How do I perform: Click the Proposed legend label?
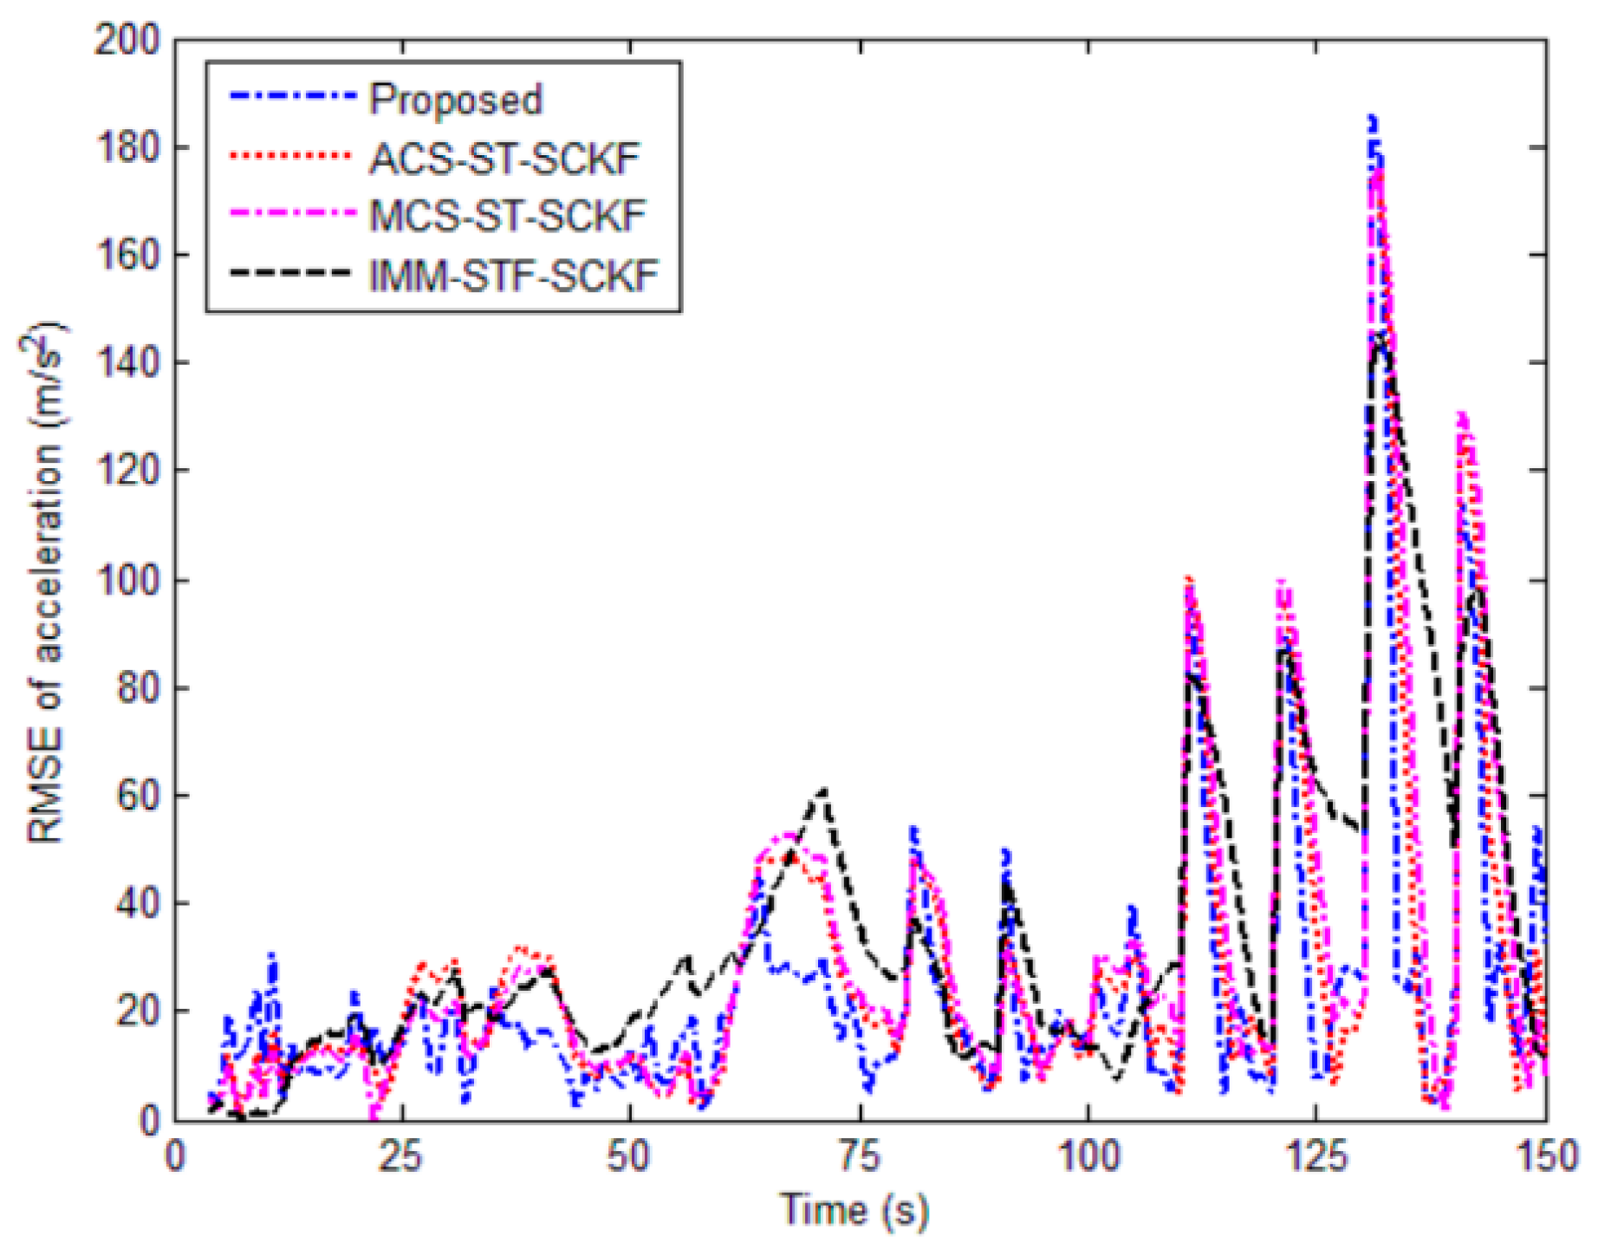(x=456, y=100)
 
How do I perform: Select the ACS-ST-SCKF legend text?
(x=504, y=159)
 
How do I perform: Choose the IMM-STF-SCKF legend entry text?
(x=514, y=276)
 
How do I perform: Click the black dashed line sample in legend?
(x=292, y=273)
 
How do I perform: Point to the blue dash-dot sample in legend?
(x=292, y=95)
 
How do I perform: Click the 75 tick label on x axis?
(x=859, y=1157)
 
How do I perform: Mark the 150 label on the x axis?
(x=1545, y=1157)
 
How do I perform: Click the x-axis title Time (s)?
(x=854, y=1210)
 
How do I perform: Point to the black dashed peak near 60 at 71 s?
(x=823, y=791)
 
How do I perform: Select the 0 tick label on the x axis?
(x=175, y=1157)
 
